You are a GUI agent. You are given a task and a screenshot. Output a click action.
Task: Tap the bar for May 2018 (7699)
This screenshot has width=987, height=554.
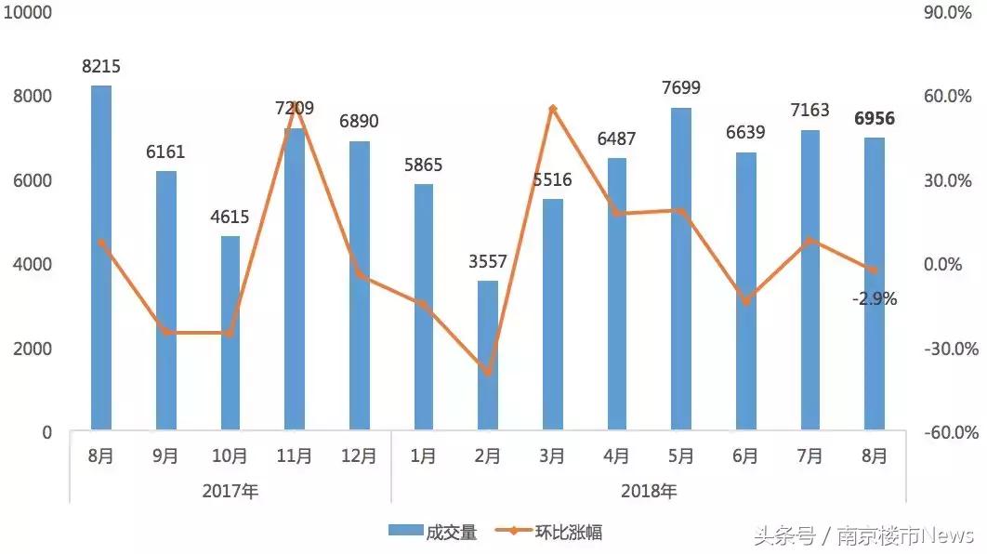[x=681, y=269]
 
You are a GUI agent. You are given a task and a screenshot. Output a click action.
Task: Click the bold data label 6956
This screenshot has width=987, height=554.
[x=875, y=119]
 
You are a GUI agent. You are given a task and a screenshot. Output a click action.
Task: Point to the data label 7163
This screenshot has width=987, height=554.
[x=810, y=111]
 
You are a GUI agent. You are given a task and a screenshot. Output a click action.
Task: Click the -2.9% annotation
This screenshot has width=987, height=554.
[x=874, y=299]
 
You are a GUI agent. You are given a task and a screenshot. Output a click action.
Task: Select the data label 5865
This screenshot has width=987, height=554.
[x=424, y=165]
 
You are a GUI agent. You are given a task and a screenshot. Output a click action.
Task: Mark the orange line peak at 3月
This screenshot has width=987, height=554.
[x=552, y=109]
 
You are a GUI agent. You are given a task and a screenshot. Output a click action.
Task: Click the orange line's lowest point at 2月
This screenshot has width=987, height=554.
[x=488, y=373]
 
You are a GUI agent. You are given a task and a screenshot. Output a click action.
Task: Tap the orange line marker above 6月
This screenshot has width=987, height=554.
[x=745, y=301]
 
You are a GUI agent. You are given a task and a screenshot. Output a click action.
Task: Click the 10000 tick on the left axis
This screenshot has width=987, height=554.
[x=33, y=12]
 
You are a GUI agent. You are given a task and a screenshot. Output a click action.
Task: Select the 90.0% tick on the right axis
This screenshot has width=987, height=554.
[x=954, y=12]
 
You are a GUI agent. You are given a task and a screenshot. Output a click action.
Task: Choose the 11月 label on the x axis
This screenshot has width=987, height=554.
[x=295, y=456]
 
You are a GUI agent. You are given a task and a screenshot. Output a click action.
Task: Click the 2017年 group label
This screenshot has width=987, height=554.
[x=230, y=492]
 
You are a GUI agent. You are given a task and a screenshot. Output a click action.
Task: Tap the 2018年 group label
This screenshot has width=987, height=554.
[x=649, y=492]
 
